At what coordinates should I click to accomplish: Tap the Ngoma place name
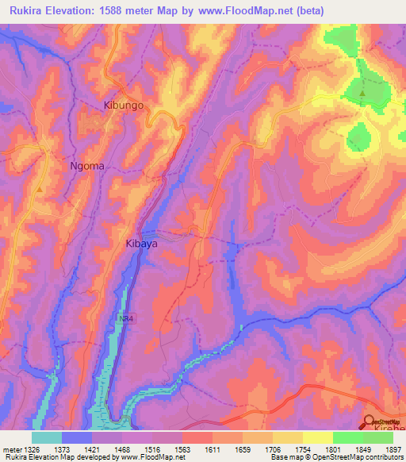point(87,166)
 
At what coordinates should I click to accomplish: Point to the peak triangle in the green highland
point(362,94)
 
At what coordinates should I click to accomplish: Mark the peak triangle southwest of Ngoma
point(39,189)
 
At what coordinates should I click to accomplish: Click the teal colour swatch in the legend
point(47,437)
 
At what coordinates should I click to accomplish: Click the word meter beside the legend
point(10,449)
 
